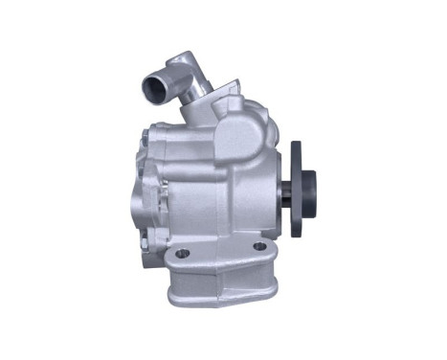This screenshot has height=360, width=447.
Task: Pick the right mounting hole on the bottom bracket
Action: (258, 247)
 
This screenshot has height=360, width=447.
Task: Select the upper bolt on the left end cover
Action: (145, 133)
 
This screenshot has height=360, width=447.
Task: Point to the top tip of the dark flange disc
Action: (296, 143)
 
